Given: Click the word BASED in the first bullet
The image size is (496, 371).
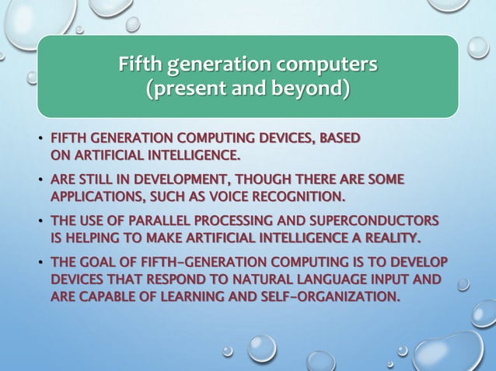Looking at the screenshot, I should click(340, 139).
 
